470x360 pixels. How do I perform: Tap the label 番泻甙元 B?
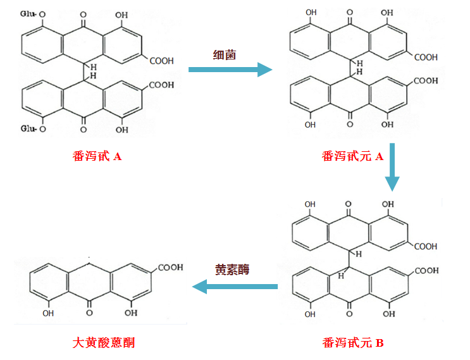pyautogui.click(x=352, y=343)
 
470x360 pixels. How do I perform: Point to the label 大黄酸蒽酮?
pyautogui.click(x=104, y=343)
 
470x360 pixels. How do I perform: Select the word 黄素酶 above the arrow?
pyautogui.click(x=232, y=270)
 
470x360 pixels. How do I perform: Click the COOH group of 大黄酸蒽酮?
pyautogui.click(x=170, y=268)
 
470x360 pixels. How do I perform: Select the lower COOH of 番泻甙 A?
pyautogui.click(x=163, y=84)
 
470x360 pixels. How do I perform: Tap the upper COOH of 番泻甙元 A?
pyautogui.click(x=426, y=58)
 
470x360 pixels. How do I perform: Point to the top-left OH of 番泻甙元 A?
pyautogui.click(x=311, y=13)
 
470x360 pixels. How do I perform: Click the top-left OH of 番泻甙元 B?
pyautogui.click(x=310, y=204)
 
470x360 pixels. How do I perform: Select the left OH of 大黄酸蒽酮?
pyautogui.click(x=48, y=312)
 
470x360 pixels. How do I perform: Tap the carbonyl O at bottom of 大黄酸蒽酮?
pyautogui.click(x=89, y=313)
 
